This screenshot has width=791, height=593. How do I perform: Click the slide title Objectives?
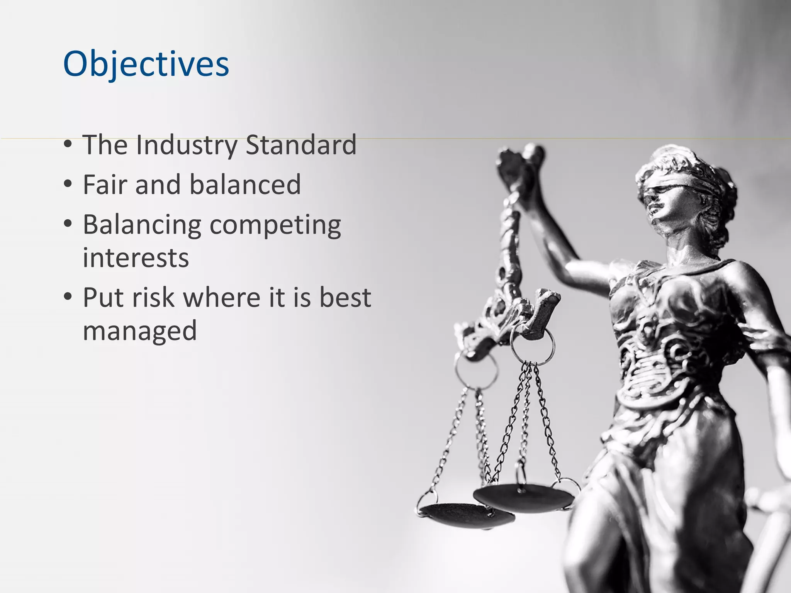pos(146,64)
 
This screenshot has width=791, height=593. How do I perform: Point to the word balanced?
pos(245,185)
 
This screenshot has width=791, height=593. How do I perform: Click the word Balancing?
pos(142,225)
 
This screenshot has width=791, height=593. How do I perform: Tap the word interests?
pos(136,258)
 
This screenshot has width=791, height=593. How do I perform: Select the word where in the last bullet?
pos(222,298)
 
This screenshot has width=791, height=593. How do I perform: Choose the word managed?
pos(140,331)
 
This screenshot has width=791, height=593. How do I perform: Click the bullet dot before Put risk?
pos(68,298)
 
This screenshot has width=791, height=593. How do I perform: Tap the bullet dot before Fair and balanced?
pos(68,185)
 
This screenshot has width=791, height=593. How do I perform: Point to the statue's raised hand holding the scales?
pos(519,162)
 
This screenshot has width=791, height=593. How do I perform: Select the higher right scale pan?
pos(524,498)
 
